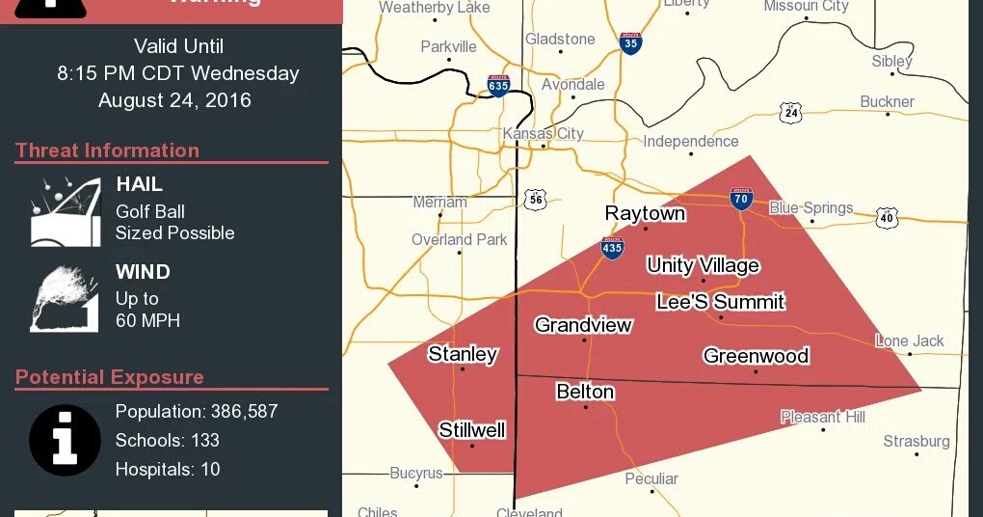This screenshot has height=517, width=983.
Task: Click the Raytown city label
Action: tap(645, 213)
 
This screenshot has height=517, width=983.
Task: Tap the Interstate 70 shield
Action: tap(740, 200)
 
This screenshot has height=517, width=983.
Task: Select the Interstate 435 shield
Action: tap(612, 247)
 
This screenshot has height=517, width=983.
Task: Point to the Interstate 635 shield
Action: tap(498, 86)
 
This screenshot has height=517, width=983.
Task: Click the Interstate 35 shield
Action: tap(630, 43)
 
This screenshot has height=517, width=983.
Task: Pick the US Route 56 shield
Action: tap(536, 200)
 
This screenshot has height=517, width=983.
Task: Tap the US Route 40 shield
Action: tap(887, 217)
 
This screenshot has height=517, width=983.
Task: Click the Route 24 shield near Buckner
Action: tap(791, 113)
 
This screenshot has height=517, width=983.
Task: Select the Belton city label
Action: tap(585, 391)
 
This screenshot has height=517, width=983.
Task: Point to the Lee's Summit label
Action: tap(720, 302)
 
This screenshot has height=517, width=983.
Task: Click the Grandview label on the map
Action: tap(583, 325)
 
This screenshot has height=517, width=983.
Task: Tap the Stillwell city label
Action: tap(472, 430)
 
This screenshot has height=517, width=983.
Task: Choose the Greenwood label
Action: tap(756, 356)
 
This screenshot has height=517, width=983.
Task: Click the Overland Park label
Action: tap(459, 239)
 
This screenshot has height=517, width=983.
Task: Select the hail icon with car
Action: tap(66, 210)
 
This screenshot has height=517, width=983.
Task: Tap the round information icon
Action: tap(65, 440)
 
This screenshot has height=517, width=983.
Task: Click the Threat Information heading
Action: tap(107, 150)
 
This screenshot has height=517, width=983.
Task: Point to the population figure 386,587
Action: tap(244, 412)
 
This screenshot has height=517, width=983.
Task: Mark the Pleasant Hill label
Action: tap(822, 417)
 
